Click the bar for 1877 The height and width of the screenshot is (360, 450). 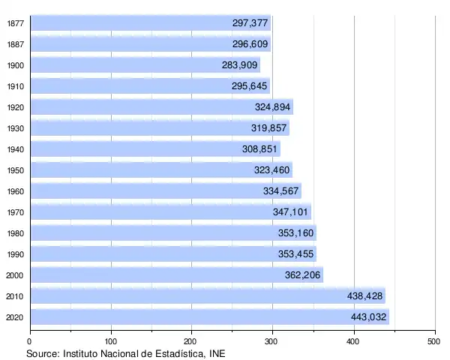point(150,23)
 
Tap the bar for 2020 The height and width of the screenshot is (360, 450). point(210,317)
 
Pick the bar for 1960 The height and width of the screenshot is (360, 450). point(166,191)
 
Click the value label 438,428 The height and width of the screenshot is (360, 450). point(364,296)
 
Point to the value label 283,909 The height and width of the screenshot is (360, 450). point(240,65)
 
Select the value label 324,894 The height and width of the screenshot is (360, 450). point(272,107)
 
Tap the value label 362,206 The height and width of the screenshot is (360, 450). point(303,275)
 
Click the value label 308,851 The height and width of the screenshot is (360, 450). point(259,149)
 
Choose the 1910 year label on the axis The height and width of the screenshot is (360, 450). point(14,86)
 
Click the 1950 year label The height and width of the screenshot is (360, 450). point(14,170)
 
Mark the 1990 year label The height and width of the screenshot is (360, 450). point(14,254)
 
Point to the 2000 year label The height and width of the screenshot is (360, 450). point(14,275)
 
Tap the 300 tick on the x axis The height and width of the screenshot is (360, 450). point(273,341)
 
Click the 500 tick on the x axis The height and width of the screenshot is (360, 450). point(434,341)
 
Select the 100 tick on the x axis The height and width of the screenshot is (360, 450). point(112,341)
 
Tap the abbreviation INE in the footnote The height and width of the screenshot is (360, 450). point(216,353)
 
